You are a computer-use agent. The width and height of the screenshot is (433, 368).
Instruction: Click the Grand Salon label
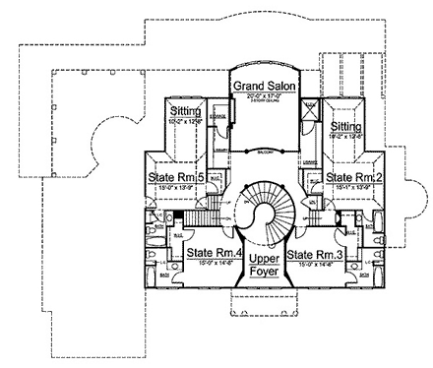[x=260, y=87]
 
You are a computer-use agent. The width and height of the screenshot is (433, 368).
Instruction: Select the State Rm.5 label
[x=176, y=177]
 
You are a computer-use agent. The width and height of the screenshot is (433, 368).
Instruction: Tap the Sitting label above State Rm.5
[x=184, y=113]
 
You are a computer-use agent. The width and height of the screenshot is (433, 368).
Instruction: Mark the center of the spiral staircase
[x=263, y=213]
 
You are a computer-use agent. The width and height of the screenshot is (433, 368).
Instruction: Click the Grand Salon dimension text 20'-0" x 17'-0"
[x=260, y=95]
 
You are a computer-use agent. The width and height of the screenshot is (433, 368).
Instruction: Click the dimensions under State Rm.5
[x=176, y=187]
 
